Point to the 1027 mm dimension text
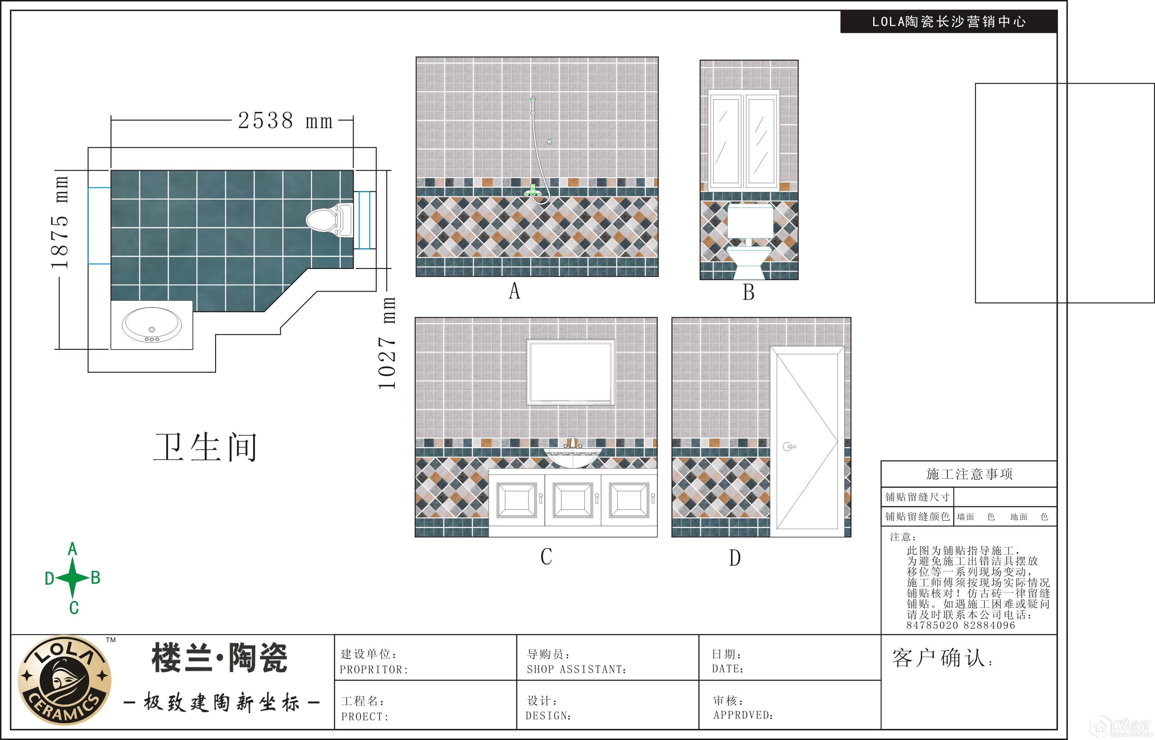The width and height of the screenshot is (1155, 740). coord(387,343)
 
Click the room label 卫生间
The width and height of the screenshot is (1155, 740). coord(205,447)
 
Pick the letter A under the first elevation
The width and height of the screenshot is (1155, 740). coord(514,291)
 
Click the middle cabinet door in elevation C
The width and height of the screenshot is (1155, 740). coord(573,500)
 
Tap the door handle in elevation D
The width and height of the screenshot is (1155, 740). coord(788,447)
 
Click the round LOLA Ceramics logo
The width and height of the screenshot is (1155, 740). coord(64,680)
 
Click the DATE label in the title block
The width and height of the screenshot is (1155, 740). coord(727,669)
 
